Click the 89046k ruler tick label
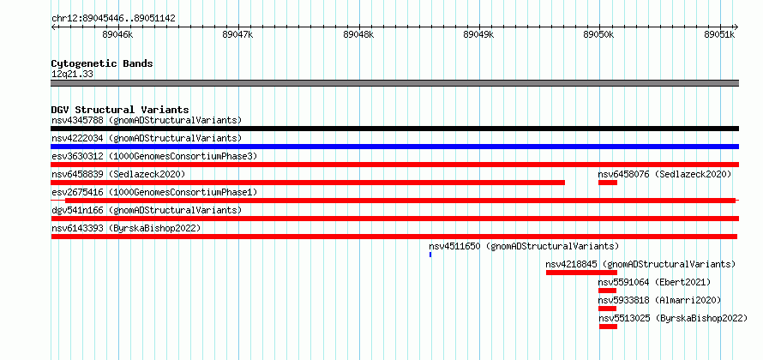tap(117, 34)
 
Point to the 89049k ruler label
tap(479, 34)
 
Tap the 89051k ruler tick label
tap(719, 34)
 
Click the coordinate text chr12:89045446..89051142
tap(113, 19)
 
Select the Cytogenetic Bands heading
tap(102, 63)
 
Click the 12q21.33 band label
tap(72, 75)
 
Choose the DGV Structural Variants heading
tap(120, 110)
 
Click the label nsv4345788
tap(77, 120)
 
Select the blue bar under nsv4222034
tap(394, 147)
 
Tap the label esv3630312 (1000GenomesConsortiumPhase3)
tap(154, 156)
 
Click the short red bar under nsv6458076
tap(608, 183)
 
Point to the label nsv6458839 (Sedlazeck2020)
tap(118, 174)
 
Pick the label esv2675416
tap(77, 192)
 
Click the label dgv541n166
tap(77, 210)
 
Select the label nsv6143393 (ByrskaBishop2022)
tap(126, 228)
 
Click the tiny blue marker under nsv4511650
tap(430, 255)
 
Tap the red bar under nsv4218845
tap(581, 273)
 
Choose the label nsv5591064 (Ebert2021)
tap(654, 282)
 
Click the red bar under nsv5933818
tap(607, 309)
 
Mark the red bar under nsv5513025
tap(609, 327)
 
